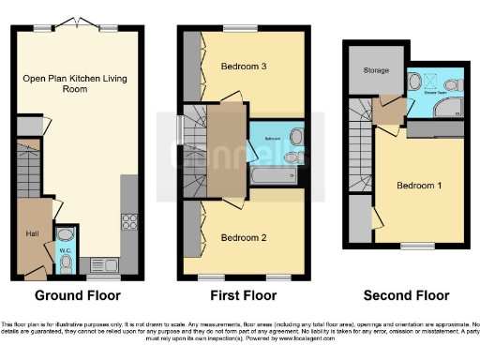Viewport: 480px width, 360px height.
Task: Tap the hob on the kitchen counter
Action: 129,223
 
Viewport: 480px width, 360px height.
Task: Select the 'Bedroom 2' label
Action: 244,238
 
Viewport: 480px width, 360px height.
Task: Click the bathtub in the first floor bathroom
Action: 272,174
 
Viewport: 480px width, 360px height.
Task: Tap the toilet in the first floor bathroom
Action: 293,157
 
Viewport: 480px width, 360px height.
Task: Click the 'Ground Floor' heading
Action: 78,294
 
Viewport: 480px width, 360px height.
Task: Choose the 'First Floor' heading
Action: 242,294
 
